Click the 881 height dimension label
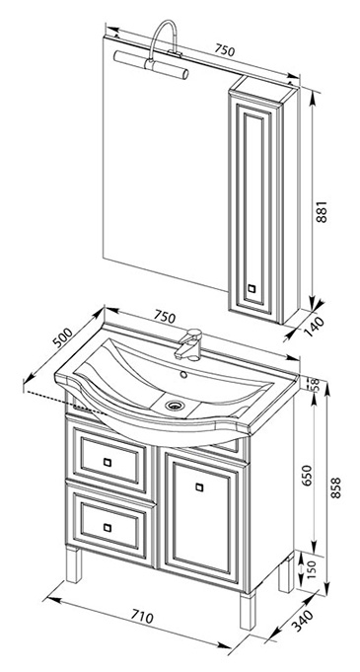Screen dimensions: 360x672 point(322,211)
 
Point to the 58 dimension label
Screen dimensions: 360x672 point(315,385)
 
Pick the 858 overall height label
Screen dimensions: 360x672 point(337,487)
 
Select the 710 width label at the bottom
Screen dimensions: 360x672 point(141,617)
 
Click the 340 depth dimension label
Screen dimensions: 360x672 point(303,620)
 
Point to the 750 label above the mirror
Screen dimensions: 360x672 point(225,50)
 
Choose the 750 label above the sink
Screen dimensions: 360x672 point(165,318)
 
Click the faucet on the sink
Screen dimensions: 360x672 point(188,344)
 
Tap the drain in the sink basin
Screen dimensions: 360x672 point(174,405)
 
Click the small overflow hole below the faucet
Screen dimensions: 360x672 point(183,375)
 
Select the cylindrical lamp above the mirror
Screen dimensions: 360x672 point(151,65)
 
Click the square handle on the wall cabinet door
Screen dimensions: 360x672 point(252,288)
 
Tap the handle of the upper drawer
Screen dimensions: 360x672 point(108,462)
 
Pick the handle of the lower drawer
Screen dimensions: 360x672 point(108,528)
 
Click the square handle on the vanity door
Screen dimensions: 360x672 point(199,486)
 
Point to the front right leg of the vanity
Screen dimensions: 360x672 point(248,611)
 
